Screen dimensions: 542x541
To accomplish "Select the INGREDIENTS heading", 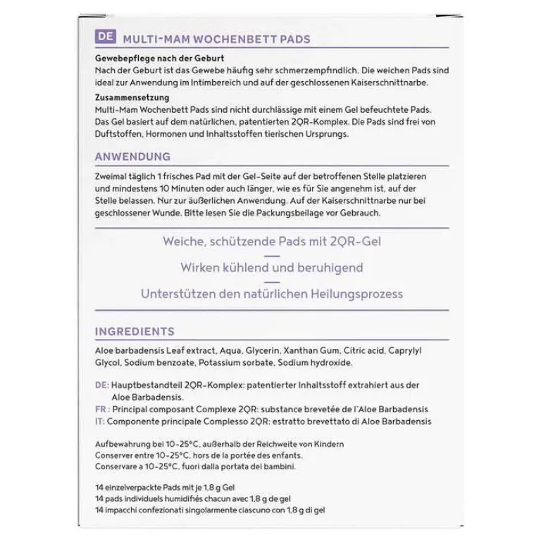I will point(134,331).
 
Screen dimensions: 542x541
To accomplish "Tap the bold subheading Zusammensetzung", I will point(128,97).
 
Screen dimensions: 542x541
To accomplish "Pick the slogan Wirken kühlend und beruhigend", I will point(270,268).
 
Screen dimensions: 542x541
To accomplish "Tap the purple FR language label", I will point(99,409).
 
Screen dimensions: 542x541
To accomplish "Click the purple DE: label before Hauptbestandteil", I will point(101,386).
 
